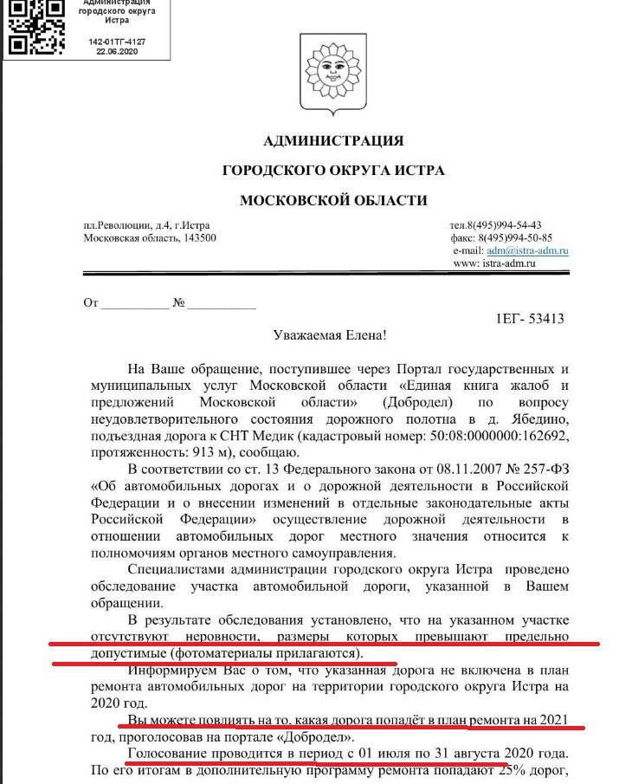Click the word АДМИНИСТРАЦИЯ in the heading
[x=333, y=140]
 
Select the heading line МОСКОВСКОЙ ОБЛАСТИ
[x=333, y=200]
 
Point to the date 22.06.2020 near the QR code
[x=112, y=51]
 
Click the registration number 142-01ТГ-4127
[x=112, y=41]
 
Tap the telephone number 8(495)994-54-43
[x=508, y=225]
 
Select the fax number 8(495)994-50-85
[x=514, y=237]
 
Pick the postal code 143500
[x=198, y=238]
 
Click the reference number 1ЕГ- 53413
[x=530, y=319]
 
